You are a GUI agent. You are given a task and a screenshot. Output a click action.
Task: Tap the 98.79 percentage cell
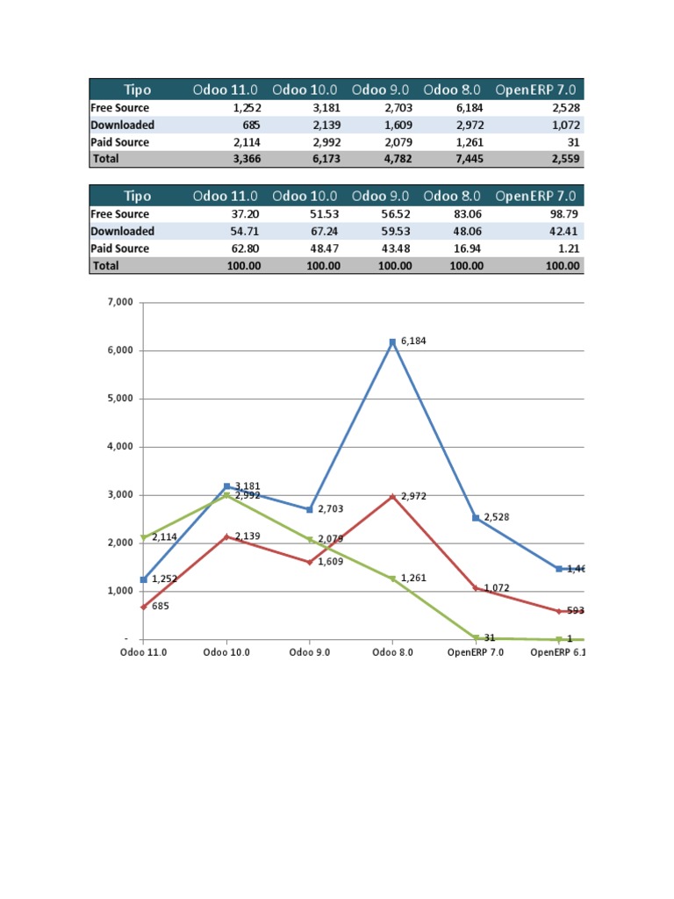pos(563,214)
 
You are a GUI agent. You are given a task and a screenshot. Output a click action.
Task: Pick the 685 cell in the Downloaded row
pos(251,126)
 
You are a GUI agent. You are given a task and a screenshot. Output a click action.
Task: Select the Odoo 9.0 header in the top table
pos(383,90)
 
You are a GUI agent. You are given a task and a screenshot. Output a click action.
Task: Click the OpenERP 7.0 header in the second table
pos(538,196)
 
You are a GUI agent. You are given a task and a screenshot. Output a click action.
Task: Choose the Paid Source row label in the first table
pos(120,142)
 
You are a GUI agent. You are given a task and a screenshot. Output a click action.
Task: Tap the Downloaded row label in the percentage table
pos(123,231)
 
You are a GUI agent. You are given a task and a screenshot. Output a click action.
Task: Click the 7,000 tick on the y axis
pos(118,302)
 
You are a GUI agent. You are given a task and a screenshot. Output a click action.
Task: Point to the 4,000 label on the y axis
pos(118,447)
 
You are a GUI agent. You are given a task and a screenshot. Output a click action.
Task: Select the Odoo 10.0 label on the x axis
pos(226,653)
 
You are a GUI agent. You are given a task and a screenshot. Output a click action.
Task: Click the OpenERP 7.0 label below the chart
pos(475,653)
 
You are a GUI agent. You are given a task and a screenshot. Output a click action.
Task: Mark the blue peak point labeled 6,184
pos(393,342)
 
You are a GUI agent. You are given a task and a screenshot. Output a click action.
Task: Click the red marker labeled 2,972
pos(393,497)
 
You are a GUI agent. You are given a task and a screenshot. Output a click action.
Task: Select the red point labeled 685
pos(143,607)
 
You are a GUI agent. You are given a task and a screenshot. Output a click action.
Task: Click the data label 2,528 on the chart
pos(496,518)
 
